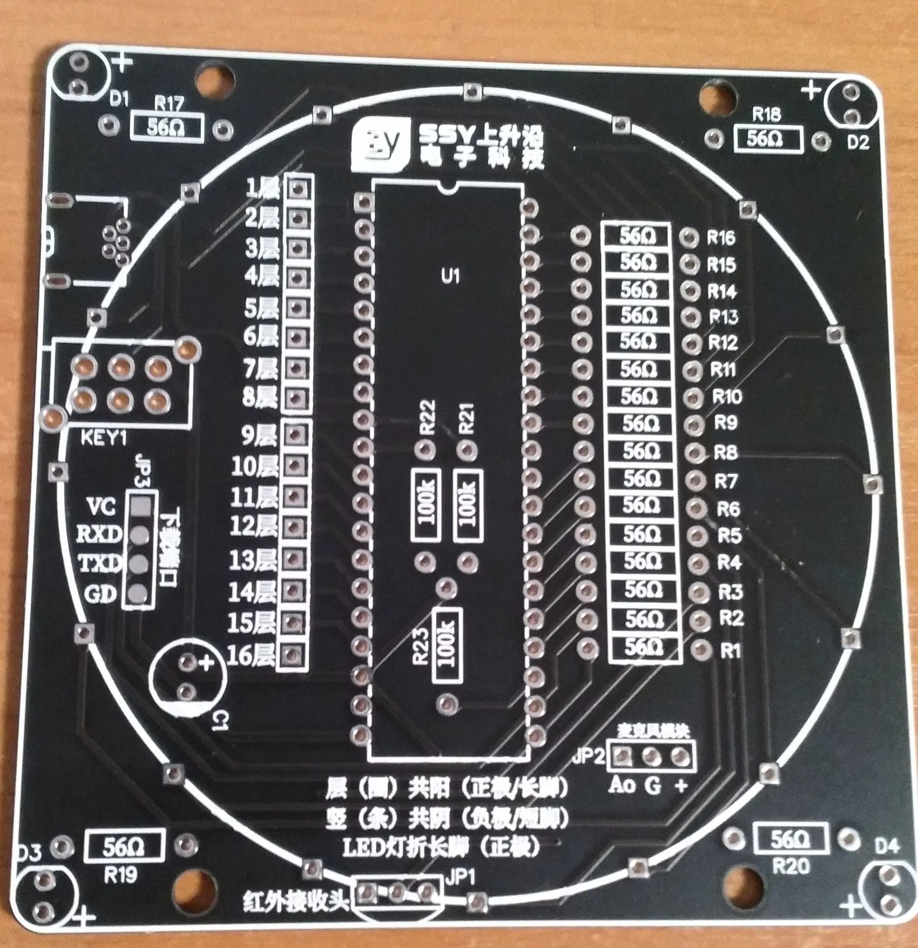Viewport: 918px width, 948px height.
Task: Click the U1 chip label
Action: (x=450, y=277)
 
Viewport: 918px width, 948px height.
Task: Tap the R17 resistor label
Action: (x=169, y=104)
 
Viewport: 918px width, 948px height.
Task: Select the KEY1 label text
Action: (x=104, y=438)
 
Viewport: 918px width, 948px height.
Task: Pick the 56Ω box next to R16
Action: (x=637, y=236)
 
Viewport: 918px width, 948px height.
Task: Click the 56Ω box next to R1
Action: (x=644, y=647)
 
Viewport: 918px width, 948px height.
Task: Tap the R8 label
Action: (x=725, y=452)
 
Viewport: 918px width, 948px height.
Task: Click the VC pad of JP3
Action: (x=140, y=507)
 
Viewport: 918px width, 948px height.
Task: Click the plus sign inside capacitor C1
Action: (x=206, y=663)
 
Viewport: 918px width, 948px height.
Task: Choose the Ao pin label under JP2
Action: (x=622, y=785)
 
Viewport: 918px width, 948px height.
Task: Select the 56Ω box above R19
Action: (x=123, y=848)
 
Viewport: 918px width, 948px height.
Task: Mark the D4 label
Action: (x=886, y=846)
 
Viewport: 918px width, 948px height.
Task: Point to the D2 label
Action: (x=858, y=143)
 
